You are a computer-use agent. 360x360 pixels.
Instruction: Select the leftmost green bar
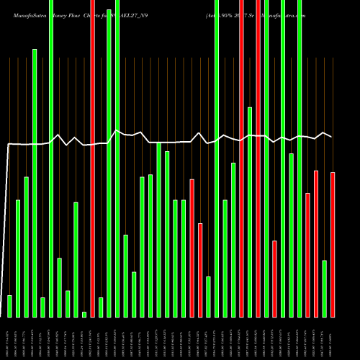coord(9,306)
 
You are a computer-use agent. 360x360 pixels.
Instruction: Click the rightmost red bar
coord(333,245)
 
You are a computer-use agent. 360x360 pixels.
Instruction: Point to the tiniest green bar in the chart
coord(84,314)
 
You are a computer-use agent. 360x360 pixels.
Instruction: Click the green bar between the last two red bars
coord(325,288)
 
